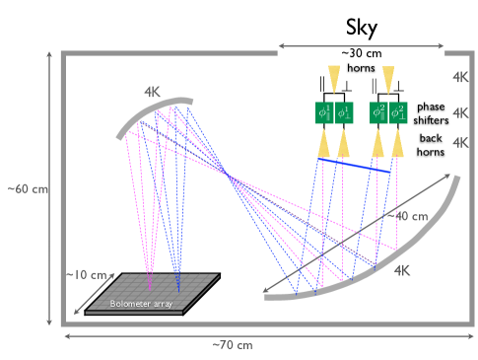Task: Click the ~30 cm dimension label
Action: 361,53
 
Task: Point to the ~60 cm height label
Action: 27,188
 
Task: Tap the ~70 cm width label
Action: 232,344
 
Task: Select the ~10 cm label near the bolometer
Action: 86,275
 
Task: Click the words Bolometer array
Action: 141,304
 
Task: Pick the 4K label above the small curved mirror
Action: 152,92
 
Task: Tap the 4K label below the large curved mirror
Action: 402,270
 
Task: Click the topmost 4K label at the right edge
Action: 460,77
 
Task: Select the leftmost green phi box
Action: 324,112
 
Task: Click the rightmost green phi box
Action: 398,112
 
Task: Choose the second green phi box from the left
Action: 343,112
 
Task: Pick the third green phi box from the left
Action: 378,112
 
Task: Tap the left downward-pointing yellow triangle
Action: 334,79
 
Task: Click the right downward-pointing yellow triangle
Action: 388,79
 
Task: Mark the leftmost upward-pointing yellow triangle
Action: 324,144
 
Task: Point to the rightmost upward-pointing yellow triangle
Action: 397,144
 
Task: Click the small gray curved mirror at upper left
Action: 151,112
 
